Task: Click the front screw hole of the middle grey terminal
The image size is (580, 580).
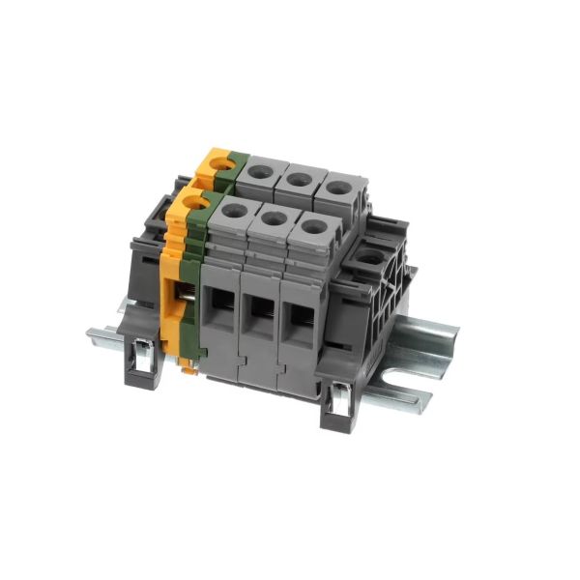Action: point(274,218)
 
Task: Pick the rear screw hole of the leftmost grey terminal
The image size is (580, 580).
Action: point(260,171)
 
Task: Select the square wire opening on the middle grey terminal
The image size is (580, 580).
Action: point(259,314)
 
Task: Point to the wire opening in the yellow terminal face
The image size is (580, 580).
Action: point(181,295)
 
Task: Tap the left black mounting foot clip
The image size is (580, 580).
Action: point(141,362)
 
